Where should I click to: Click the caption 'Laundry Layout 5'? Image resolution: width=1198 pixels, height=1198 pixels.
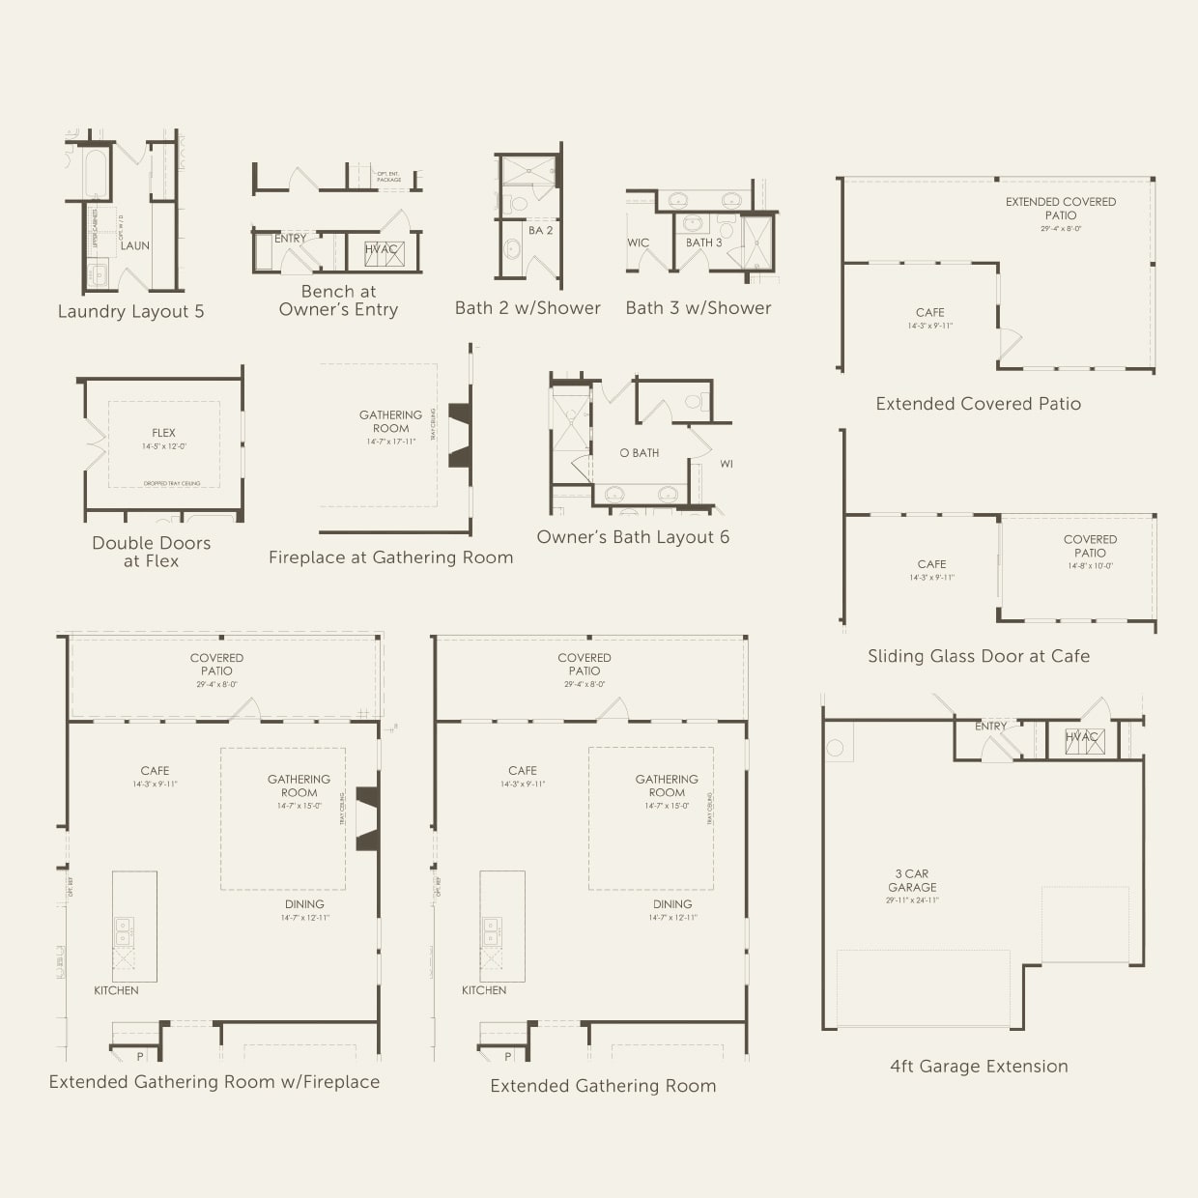tap(130, 312)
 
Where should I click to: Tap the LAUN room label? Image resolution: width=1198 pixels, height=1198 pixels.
tap(135, 245)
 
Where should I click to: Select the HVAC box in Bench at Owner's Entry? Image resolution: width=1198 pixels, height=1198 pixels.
tap(382, 251)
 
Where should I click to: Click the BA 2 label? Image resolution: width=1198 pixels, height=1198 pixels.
tap(541, 230)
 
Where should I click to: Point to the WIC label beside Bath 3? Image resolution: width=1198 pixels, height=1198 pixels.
tap(639, 242)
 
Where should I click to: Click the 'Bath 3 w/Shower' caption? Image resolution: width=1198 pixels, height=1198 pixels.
tap(699, 308)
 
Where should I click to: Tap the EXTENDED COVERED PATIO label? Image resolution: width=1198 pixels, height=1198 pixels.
tap(1060, 209)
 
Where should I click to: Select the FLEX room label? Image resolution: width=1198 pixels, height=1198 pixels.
tap(164, 433)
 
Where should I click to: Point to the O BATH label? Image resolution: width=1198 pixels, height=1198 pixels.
tap(640, 452)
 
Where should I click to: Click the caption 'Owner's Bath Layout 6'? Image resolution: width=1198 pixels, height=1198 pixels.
tap(633, 537)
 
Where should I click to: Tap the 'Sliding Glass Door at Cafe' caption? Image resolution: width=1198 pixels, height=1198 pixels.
tap(979, 656)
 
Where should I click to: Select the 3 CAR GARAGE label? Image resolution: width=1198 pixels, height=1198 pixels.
tap(912, 880)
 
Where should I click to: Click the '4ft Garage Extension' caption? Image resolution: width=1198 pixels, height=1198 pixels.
tap(979, 1067)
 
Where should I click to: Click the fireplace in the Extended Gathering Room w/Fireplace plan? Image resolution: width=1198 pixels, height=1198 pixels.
tap(367, 819)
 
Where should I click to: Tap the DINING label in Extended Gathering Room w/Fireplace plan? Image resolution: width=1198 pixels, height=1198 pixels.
tap(304, 904)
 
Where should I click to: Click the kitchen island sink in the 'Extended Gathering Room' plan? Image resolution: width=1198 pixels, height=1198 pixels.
tap(492, 931)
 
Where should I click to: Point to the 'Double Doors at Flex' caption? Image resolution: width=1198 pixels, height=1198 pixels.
tap(152, 552)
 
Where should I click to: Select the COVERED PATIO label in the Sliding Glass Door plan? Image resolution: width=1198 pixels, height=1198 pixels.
tap(1090, 546)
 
